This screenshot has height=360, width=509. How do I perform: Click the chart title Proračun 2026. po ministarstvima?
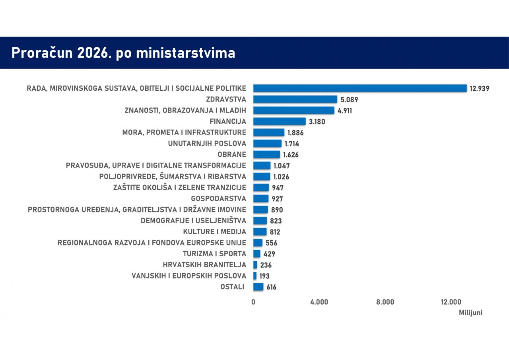coord(123,53)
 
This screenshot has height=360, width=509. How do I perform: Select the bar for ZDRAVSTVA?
coord(295,99)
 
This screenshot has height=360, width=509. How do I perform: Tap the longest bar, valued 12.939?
coord(360,88)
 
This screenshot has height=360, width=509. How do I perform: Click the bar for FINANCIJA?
coord(280,121)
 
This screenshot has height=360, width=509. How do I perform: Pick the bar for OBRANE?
coord(266,154)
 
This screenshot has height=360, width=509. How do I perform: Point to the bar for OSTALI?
coord(258,287)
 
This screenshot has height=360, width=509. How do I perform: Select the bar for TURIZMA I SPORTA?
coord(257,254)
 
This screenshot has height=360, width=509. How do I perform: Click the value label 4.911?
coord(345,111)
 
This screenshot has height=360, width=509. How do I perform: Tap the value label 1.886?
coord(295,133)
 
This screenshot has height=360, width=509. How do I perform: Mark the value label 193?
coord(264,276)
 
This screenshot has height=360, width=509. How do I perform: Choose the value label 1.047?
coord(282,166)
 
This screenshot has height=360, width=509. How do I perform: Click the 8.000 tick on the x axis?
coord(385,302)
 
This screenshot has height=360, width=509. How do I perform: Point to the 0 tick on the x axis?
coord(253,302)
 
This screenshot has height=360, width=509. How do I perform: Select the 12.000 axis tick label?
coord(451,302)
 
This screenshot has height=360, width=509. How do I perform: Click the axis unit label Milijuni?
coord(470,313)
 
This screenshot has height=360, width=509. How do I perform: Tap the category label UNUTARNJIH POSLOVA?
coord(207,144)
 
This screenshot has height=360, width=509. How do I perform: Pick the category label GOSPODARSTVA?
coord(219,198)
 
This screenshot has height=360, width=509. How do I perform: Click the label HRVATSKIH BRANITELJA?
coord(204,265)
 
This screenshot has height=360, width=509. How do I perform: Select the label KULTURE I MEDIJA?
coord(215,232)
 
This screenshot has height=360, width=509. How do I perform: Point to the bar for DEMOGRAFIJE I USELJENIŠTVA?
coord(260,221)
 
